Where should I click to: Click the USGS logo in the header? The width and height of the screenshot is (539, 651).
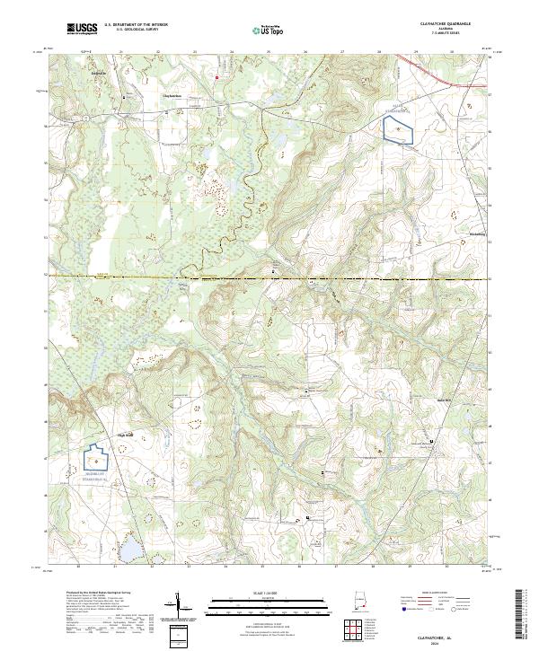pos(81,29)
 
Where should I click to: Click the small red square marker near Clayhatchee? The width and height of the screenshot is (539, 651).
pos(216,77)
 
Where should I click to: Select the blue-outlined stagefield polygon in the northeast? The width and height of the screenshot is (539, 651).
pos(397,130)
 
